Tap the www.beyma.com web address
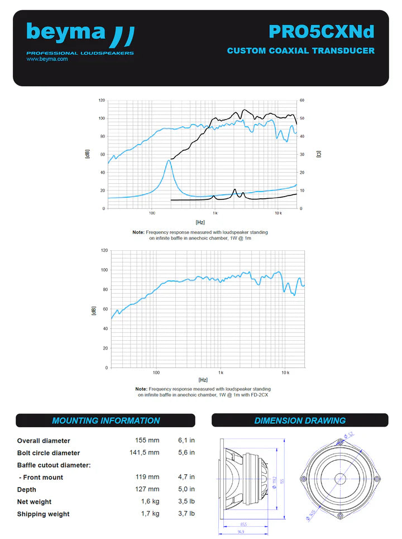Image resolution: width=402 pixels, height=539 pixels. tap(47, 59)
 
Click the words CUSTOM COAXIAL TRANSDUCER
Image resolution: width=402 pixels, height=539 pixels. tap(300, 51)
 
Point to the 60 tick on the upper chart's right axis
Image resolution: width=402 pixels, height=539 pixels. tap(302, 101)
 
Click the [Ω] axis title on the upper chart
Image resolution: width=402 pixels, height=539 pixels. tap(318, 154)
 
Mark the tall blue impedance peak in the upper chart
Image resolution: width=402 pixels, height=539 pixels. tap(169, 161)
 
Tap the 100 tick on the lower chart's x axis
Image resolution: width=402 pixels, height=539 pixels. tap(156, 372)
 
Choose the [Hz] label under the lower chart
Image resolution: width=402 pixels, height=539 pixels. tap(203, 379)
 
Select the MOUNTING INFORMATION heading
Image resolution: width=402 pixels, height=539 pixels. tap(106, 421)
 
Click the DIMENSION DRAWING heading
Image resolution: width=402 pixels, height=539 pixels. tap(300, 421)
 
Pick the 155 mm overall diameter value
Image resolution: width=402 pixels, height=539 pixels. tap(147, 441)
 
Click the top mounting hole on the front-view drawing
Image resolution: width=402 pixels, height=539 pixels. tap(340, 442)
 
